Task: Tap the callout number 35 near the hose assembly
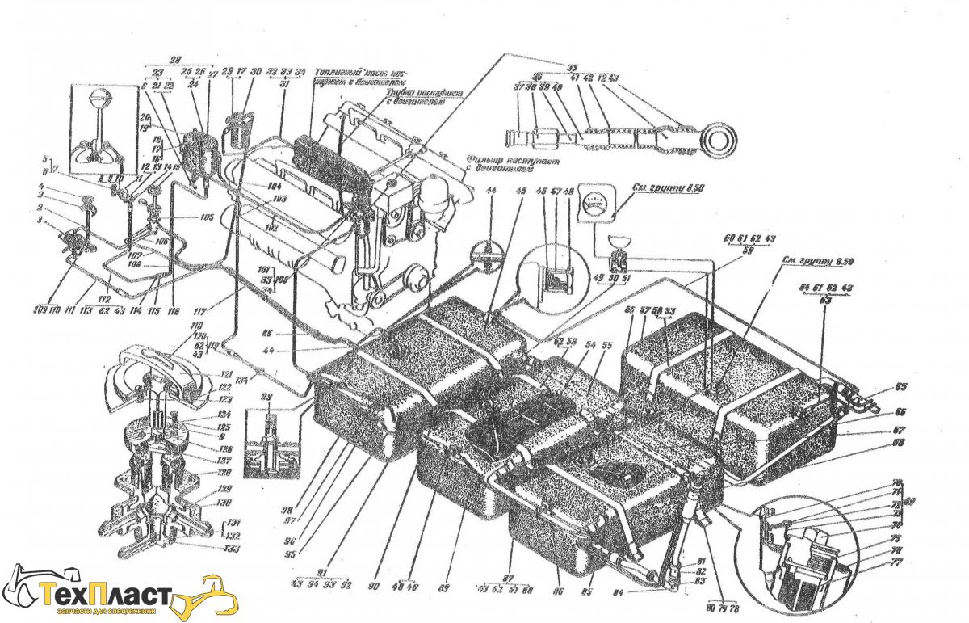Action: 572,67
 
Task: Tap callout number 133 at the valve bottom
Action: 232,549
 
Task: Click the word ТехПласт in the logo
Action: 105,596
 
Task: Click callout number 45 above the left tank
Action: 520,192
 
